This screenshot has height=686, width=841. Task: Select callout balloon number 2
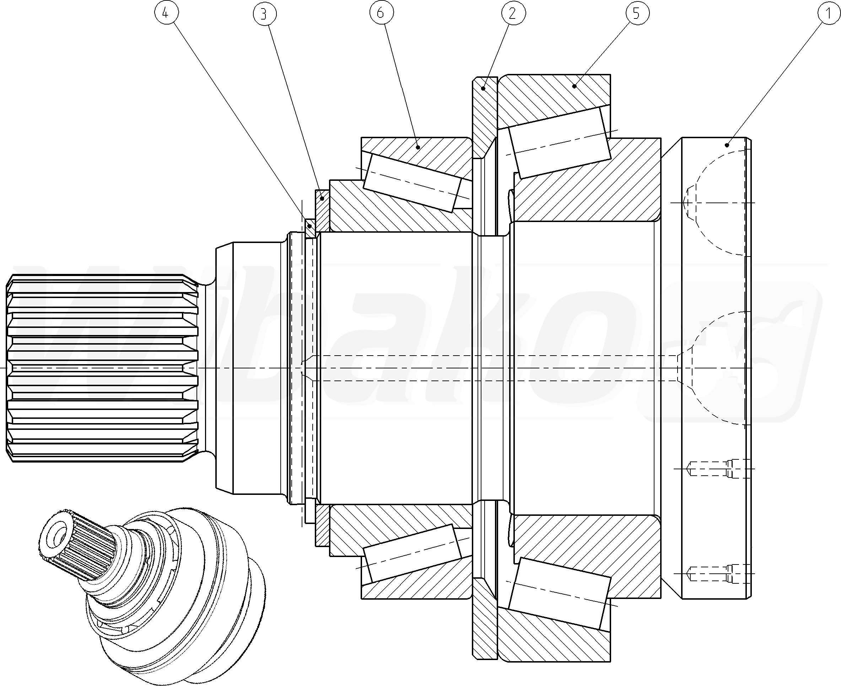(513, 13)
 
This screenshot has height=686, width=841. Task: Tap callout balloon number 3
(264, 14)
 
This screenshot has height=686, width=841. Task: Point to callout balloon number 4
(166, 13)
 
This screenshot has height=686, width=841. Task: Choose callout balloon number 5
(637, 13)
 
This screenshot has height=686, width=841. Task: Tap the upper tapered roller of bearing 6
(412, 183)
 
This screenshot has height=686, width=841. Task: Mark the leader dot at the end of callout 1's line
(727, 145)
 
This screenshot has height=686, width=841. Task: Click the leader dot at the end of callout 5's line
(574, 86)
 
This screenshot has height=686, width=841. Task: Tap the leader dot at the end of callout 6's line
(418, 147)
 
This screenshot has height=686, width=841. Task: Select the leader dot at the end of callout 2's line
(483, 88)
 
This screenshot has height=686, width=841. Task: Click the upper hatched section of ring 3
(322, 211)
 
